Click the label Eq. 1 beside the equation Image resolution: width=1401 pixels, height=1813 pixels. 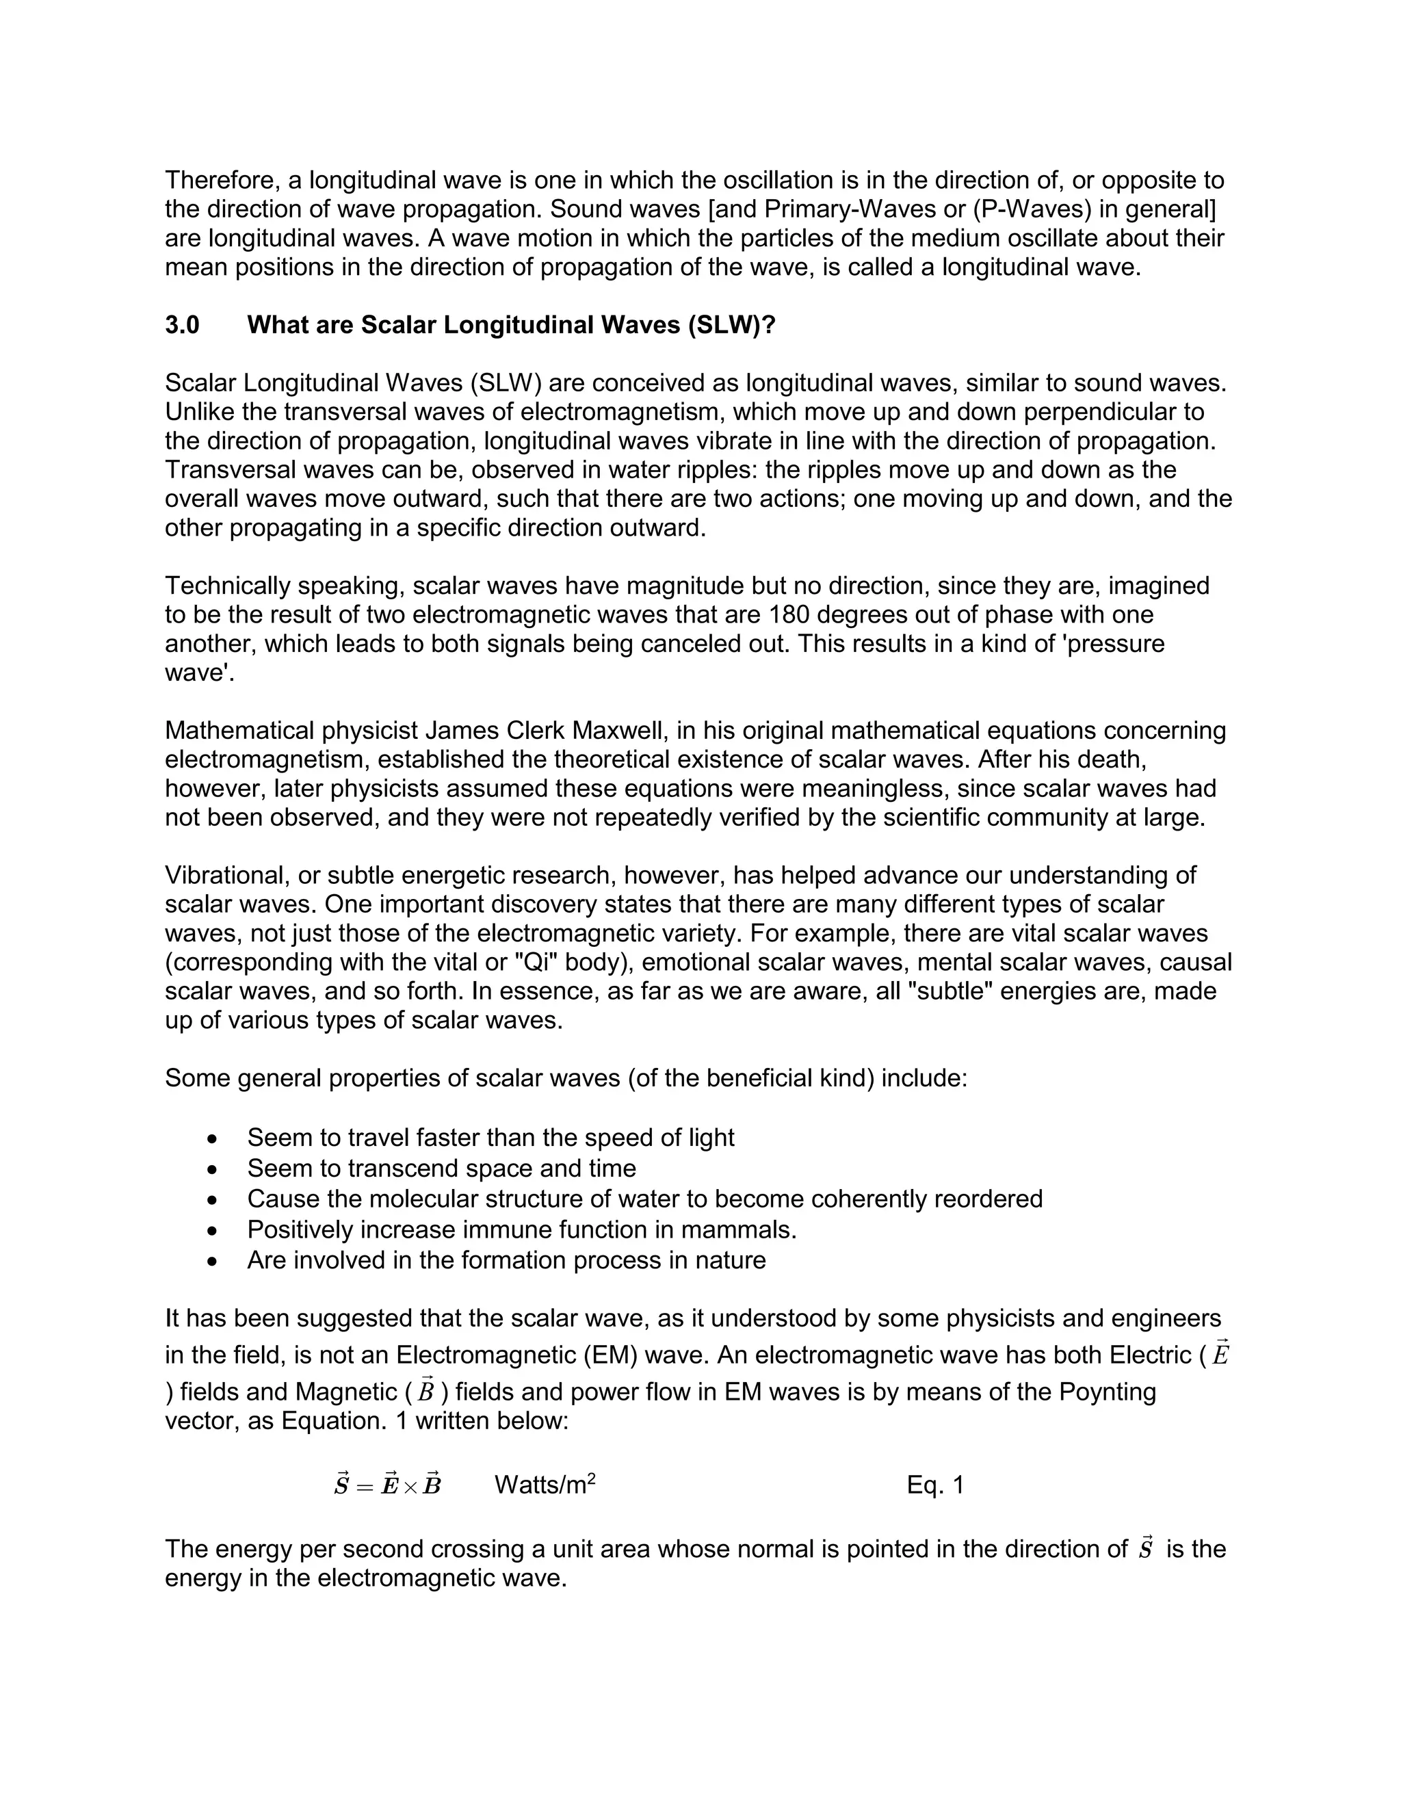pos(935,1485)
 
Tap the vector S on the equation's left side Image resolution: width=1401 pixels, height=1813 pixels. pos(341,1485)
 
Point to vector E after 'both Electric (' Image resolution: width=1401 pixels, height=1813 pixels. pos(1219,1355)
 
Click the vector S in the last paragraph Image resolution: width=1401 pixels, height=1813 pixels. pos(1145,1549)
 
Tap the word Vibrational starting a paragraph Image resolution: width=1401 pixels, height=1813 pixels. pos(226,876)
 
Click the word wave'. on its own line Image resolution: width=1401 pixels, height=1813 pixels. pos(199,673)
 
